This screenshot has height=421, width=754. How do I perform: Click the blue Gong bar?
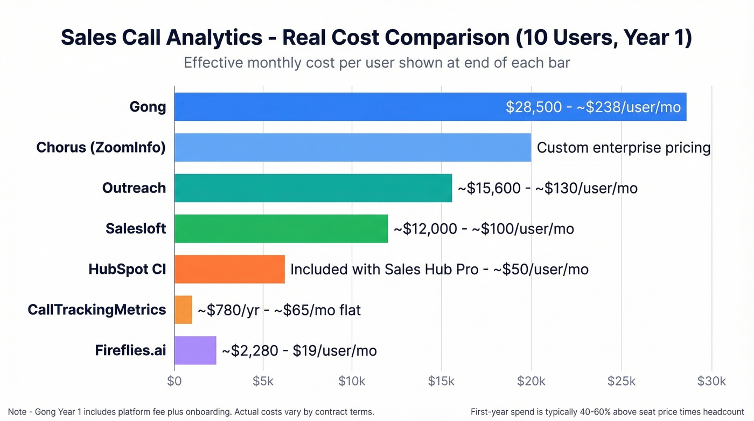(339, 107)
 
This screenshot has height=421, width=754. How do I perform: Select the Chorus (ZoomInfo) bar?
(353, 147)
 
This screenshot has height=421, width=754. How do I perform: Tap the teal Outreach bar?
(313, 188)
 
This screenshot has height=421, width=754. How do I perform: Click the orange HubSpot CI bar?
(229, 269)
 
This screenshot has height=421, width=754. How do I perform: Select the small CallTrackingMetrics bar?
(183, 309)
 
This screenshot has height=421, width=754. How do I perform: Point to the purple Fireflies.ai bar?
(195, 350)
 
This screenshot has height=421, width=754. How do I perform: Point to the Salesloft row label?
(136, 229)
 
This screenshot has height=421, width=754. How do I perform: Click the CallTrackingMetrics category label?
(97, 309)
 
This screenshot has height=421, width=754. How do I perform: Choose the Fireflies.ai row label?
(130, 350)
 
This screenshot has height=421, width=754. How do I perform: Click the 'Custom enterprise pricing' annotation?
(624, 147)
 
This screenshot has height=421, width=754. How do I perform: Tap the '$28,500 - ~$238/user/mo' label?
(593, 107)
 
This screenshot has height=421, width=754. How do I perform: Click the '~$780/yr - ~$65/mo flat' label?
(279, 310)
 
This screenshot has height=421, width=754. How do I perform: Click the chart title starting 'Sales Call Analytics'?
(376, 38)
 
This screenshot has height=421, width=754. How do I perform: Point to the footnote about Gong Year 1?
(191, 412)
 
